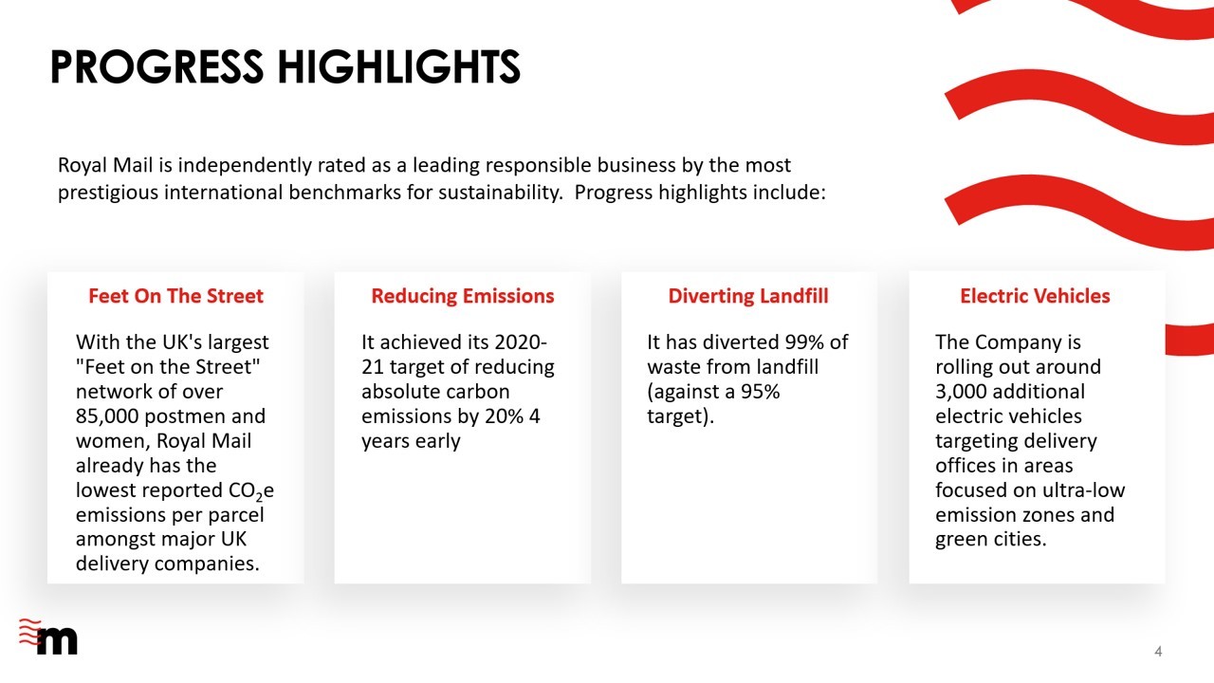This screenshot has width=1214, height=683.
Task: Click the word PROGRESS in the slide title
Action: click(157, 66)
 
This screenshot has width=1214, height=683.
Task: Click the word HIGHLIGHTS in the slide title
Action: click(399, 66)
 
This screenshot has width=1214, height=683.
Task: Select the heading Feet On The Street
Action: click(175, 296)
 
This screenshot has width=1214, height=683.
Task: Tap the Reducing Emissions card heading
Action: click(463, 296)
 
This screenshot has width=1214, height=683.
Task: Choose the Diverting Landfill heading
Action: click(748, 296)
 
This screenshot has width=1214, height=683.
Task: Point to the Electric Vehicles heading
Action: click(1035, 296)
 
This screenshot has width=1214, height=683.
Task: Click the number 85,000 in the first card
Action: click(107, 416)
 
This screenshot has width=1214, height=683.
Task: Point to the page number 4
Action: click(1158, 651)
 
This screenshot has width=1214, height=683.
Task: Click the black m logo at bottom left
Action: click(57, 640)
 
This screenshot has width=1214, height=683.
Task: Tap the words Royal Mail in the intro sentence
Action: click(105, 165)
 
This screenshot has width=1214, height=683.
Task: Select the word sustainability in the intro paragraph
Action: click(501, 193)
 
